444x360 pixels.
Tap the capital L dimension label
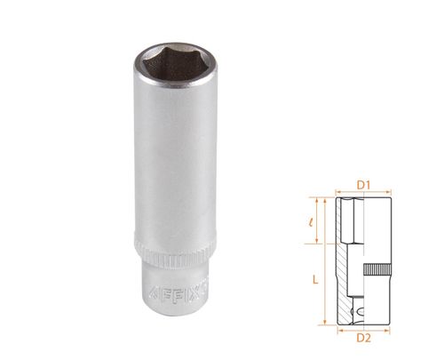(317, 279)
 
